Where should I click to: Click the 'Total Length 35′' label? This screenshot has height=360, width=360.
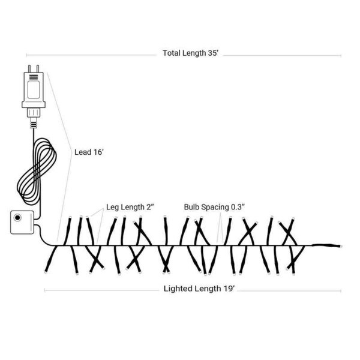[190, 53]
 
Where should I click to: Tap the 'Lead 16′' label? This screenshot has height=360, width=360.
[89, 152]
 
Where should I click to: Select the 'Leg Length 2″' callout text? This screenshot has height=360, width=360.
[130, 207]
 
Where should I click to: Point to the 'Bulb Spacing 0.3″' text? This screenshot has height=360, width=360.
[214, 207]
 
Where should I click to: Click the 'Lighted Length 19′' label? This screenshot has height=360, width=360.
[199, 289]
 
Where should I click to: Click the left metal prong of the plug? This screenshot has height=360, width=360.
[29, 68]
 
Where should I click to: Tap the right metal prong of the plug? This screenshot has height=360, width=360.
[38, 68]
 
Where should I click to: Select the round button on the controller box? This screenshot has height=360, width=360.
[17, 217]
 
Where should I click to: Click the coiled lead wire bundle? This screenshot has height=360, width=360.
[37, 171]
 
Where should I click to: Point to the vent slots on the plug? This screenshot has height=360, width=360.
[34, 77]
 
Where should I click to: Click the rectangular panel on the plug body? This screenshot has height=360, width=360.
[34, 89]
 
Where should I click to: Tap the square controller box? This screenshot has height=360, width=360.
[22, 222]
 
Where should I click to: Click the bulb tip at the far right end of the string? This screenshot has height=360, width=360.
[341, 247]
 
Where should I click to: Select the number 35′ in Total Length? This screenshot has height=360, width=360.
[213, 53]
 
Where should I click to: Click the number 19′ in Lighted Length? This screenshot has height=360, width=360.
[230, 289]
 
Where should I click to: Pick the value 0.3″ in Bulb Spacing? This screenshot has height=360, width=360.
[238, 207]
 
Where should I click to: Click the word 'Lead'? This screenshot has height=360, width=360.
[83, 152]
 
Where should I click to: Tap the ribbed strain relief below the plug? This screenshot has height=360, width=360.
[34, 125]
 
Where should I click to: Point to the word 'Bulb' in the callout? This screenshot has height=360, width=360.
[191, 207]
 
